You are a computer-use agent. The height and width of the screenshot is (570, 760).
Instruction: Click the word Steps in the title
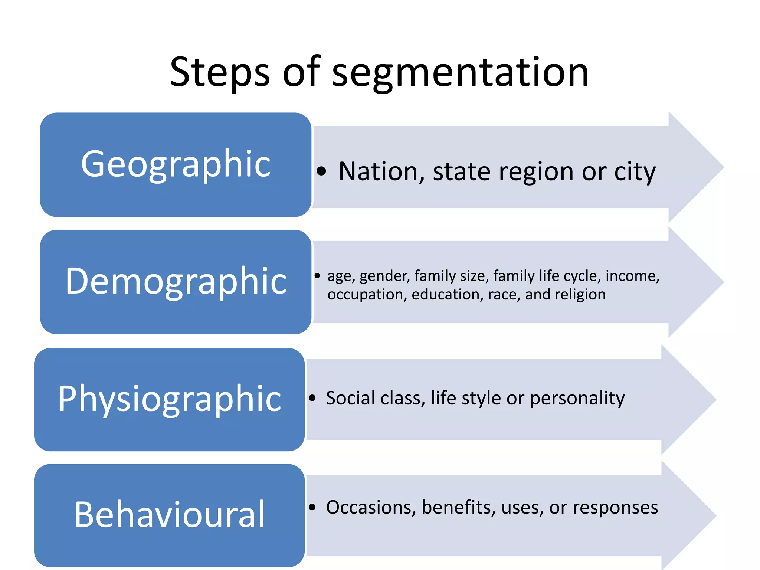[220, 72]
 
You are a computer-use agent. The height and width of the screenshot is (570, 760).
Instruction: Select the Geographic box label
[176, 164]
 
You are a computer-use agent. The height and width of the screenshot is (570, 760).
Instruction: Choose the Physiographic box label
[170, 399]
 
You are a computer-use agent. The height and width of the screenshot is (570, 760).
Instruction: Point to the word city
[635, 172]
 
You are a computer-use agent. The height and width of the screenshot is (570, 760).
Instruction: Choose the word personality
[577, 399]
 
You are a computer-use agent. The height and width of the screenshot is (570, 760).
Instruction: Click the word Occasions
[371, 507]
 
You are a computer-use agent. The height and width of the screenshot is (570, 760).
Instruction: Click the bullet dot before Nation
[321, 171]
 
